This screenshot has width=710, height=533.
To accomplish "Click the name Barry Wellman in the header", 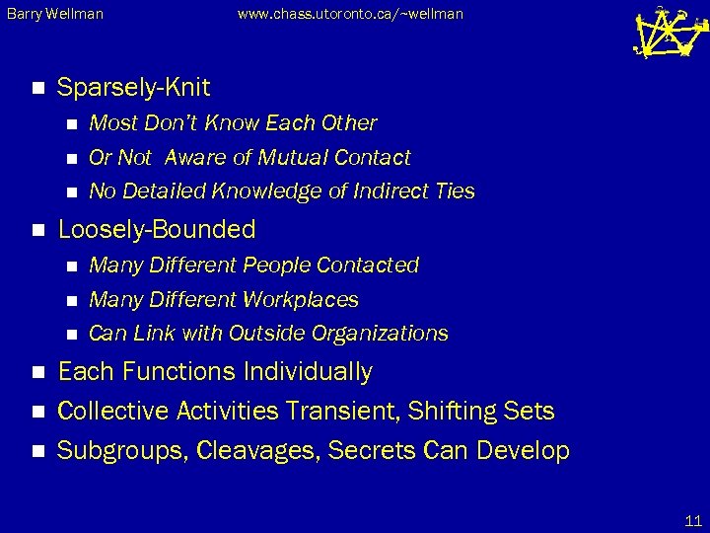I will [54, 14].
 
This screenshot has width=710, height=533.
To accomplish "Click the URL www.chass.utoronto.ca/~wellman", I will [350, 14].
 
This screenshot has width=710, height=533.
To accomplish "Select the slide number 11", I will [691, 519].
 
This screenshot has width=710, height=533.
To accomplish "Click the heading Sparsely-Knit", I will [133, 88].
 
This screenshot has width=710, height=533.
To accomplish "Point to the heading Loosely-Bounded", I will [157, 230].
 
